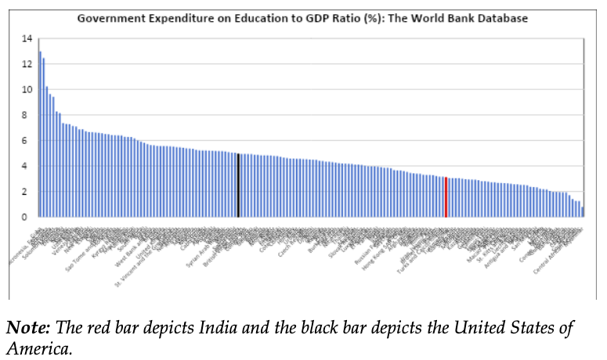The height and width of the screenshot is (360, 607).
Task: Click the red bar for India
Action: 446,197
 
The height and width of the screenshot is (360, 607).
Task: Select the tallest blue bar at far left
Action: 40,135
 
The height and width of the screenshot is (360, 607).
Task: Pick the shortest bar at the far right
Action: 583,212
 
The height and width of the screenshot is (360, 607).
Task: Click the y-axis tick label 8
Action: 29,115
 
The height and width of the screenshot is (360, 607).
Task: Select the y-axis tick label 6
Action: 29,141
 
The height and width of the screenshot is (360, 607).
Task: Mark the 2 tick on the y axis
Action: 29,192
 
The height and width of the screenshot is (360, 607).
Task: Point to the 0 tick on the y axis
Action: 29,217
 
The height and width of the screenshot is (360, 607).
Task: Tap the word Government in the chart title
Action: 107,17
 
